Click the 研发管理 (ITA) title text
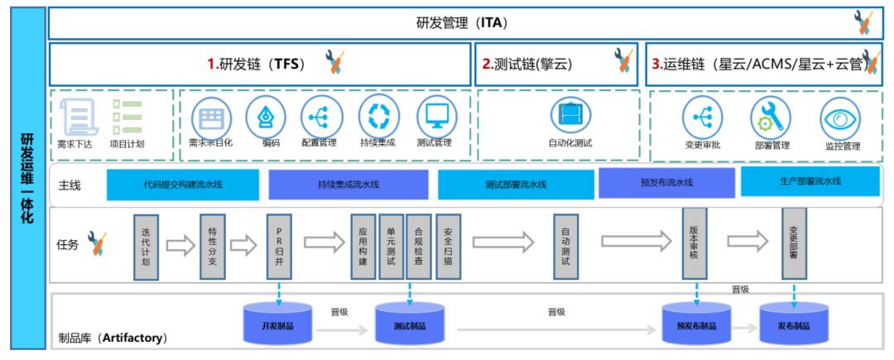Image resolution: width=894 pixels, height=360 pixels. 461,22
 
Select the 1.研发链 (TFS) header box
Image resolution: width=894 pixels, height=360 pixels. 261,64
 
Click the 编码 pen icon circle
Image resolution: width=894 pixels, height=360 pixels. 266,118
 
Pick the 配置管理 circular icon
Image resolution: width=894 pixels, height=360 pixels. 320,118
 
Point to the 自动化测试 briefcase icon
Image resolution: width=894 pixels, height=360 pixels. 571,118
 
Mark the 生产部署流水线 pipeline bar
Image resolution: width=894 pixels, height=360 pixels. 810,181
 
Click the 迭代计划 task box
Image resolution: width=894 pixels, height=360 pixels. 146,247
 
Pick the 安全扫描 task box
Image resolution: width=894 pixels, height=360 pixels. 448,247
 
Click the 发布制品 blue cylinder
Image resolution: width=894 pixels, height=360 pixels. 794,324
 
